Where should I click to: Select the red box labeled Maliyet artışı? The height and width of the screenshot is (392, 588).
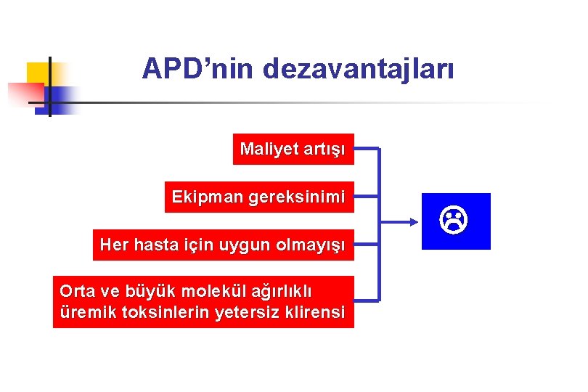pos(293,150)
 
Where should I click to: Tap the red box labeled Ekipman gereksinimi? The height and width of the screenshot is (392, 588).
pos(259,197)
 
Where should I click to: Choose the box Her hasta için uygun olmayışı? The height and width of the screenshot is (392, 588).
pos(224,245)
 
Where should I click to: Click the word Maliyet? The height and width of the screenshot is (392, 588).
pos(269,150)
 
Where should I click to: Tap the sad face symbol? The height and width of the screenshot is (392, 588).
pos(456,220)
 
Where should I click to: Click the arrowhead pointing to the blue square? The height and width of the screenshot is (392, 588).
pos(416,221)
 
